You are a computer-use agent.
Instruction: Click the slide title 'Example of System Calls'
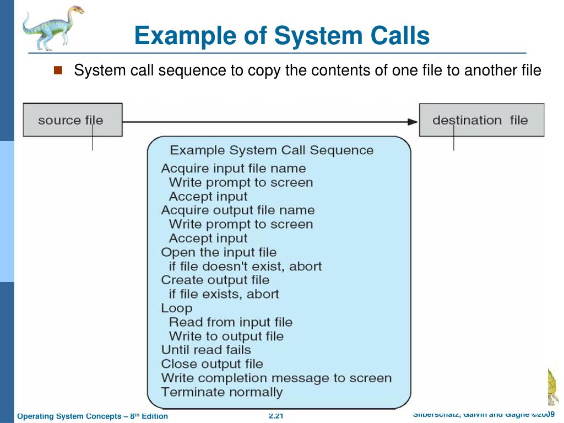point(281,36)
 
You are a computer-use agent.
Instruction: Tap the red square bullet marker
point(59,70)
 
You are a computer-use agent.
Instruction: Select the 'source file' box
point(72,120)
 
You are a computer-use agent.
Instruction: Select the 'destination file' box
point(481,120)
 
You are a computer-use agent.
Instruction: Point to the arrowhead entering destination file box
point(413,121)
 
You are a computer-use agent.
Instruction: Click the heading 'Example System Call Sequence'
point(271,150)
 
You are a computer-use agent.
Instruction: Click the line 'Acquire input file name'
point(233,169)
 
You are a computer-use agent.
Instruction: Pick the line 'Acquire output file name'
point(237,210)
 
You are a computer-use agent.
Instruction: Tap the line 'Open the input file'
point(218,252)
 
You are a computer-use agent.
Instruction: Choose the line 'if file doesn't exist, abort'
point(245,267)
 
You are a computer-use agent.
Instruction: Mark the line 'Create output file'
point(215,280)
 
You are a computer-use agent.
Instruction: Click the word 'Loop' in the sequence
point(176,308)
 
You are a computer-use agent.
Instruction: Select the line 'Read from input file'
point(230,322)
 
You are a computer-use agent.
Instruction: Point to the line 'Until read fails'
point(205,350)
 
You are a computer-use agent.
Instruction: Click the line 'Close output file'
point(211,364)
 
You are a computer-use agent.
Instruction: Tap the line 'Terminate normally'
point(221,393)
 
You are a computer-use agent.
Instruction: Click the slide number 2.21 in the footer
point(276,416)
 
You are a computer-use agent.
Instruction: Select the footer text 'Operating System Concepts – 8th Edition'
point(93,416)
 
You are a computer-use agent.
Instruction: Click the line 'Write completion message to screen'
point(276,378)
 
